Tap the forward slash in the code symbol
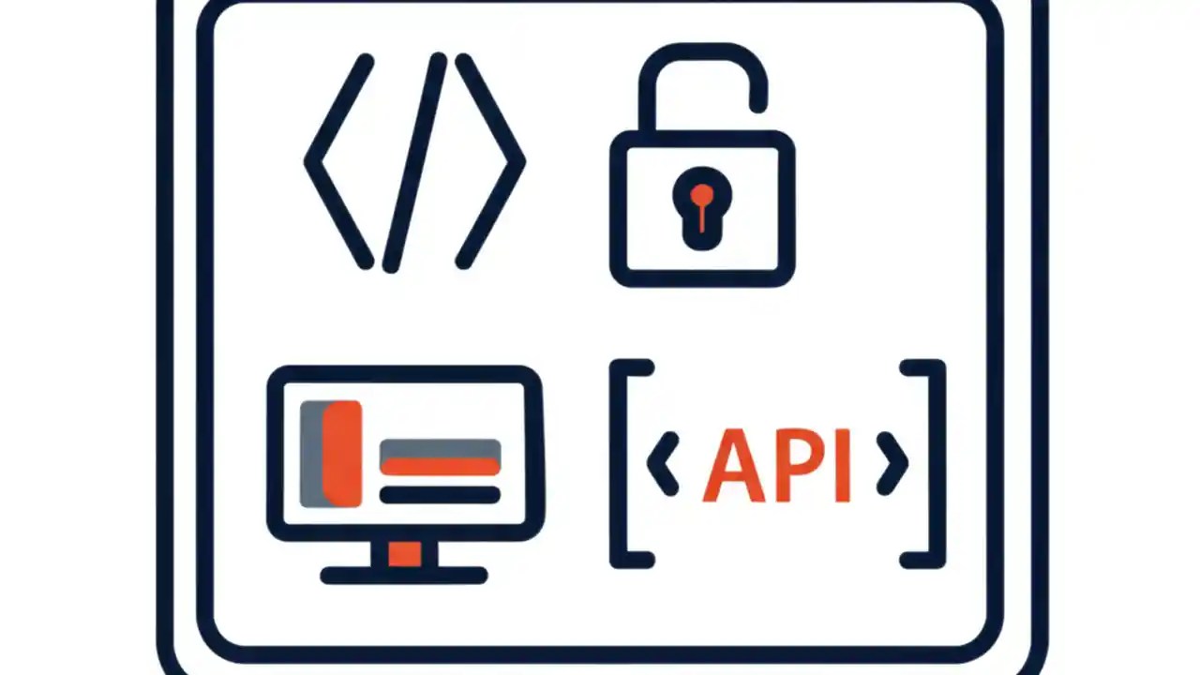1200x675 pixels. pyautogui.click(x=415, y=162)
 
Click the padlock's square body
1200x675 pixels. pyautogui.click(x=619, y=209)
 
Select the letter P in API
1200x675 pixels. pyautogui.click(x=799, y=464)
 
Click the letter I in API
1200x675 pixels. pyautogui.click(x=843, y=465)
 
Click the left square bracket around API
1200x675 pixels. pyautogui.click(x=618, y=464)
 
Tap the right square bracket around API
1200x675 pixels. pyautogui.click(x=937, y=464)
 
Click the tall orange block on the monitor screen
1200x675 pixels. pyautogui.click(x=342, y=454)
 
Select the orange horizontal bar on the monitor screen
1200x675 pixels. pyautogui.click(x=441, y=467)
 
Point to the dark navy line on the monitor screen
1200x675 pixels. pyautogui.click(x=441, y=495)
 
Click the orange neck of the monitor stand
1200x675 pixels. pyautogui.click(x=404, y=553)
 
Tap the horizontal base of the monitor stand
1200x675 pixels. pyautogui.click(x=404, y=576)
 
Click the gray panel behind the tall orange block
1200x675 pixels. pyautogui.click(x=311, y=454)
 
